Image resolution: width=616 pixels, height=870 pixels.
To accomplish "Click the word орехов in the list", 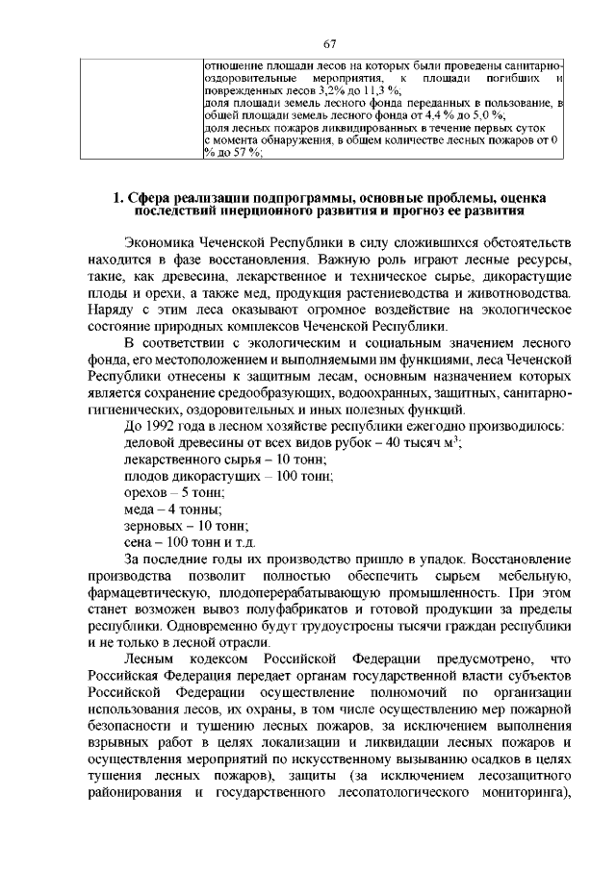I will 145,491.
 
